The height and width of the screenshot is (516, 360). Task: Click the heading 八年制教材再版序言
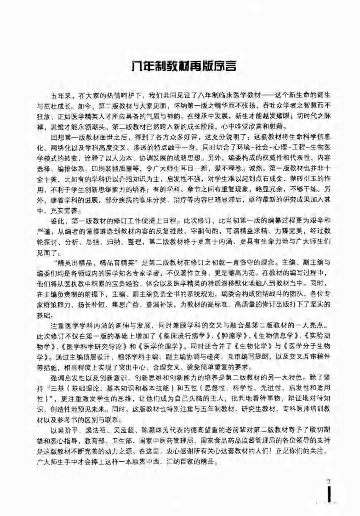(180, 67)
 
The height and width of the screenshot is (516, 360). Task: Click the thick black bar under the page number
(329, 497)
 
